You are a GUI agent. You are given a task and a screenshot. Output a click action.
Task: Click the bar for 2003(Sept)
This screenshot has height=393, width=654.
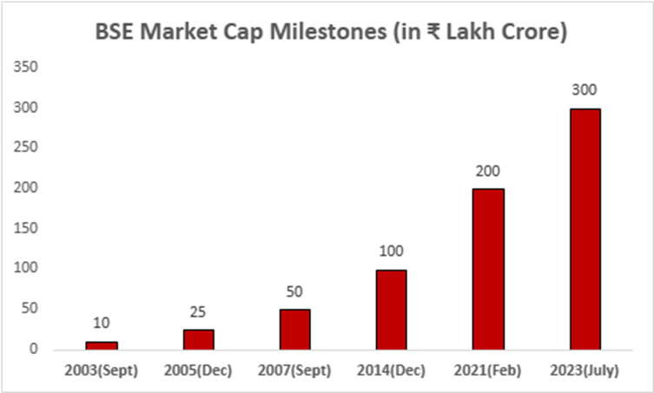click(x=102, y=345)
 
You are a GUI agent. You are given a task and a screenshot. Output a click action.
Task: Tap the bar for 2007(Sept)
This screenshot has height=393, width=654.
click(x=294, y=329)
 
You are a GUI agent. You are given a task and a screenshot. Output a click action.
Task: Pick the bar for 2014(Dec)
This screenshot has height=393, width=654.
click(x=392, y=309)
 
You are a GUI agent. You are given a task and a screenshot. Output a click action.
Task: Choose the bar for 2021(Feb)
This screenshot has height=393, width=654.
click(x=488, y=269)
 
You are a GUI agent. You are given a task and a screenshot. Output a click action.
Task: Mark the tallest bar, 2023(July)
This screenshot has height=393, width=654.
click(x=585, y=229)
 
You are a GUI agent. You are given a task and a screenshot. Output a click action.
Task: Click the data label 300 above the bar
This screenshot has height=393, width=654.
click(x=585, y=90)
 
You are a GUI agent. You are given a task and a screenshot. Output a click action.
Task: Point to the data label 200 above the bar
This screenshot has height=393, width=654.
click(x=488, y=171)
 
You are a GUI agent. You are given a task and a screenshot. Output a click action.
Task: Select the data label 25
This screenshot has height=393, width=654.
click(x=198, y=311)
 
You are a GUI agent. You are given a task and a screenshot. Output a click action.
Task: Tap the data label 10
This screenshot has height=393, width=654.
click(x=102, y=324)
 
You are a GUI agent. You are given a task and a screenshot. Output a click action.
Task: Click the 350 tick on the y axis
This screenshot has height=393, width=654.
click(x=28, y=67)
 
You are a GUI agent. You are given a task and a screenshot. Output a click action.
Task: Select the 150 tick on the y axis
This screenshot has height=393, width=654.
click(x=28, y=228)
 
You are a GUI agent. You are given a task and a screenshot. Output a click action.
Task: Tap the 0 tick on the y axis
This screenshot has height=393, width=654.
click(x=36, y=349)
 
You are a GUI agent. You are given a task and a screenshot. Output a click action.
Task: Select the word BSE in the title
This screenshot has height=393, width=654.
click(x=115, y=34)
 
